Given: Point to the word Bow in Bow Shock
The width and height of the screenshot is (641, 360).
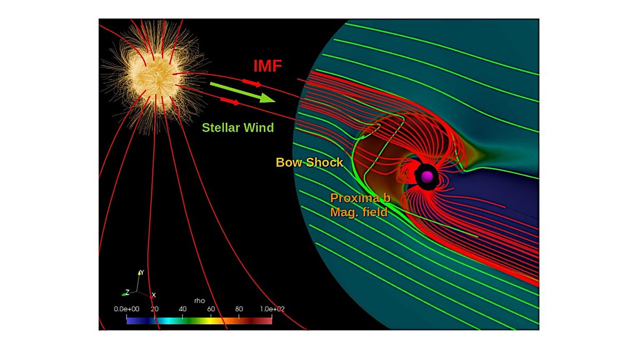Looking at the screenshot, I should point(288,162).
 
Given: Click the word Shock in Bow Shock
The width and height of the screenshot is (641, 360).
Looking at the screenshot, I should point(324,162).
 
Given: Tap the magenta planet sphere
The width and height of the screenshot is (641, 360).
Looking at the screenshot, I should point(427,177).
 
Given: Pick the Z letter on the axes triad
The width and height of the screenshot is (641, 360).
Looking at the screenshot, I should point(127,292).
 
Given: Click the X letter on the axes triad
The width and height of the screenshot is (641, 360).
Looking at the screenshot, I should point(154,295).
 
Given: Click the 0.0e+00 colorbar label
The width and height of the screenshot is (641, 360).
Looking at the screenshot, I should point(126,309).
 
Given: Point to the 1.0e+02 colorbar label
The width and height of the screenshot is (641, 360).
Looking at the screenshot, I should point(273,309).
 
